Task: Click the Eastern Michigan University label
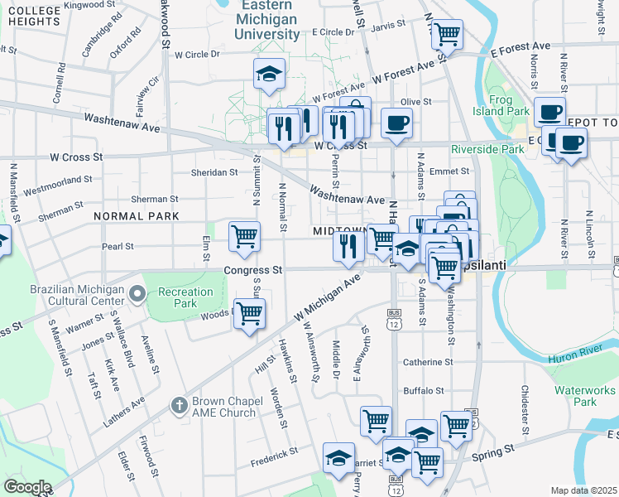[x=266, y=20]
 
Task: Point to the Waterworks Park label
[x=575, y=395]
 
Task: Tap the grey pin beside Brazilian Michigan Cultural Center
[x=138, y=293]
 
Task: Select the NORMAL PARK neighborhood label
[x=137, y=216]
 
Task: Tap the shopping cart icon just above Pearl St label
[x=244, y=236]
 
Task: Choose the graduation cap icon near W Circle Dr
[x=269, y=75]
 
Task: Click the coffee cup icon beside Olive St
[x=396, y=124]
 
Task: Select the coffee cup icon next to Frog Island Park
[x=549, y=112]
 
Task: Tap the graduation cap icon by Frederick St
[x=338, y=457]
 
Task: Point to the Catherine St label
[x=428, y=362]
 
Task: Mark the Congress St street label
[x=253, y=270]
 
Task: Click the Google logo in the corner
[x=27, y=487]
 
